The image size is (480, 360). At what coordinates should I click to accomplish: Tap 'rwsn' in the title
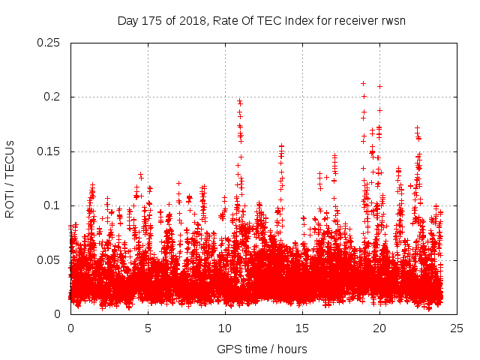(393, 21)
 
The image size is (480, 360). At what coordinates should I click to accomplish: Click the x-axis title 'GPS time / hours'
(262, 349)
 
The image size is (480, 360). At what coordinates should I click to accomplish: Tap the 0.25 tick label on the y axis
(49, 43)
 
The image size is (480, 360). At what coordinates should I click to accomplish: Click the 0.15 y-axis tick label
(49, 151)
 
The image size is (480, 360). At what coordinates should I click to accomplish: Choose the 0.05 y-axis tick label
(49, 260)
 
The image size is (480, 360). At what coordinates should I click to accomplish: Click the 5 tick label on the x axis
(148, 328)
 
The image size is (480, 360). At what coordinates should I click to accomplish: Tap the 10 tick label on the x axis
(225, 328)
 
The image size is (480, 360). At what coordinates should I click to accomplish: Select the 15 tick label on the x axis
(302, 328)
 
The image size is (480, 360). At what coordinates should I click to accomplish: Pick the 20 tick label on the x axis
(379, 328)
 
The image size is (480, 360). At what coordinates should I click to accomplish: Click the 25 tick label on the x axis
(457, 328)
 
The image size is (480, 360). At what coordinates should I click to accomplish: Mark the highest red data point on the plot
(363, 83)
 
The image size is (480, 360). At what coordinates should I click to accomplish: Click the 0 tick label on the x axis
(70, 328)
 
